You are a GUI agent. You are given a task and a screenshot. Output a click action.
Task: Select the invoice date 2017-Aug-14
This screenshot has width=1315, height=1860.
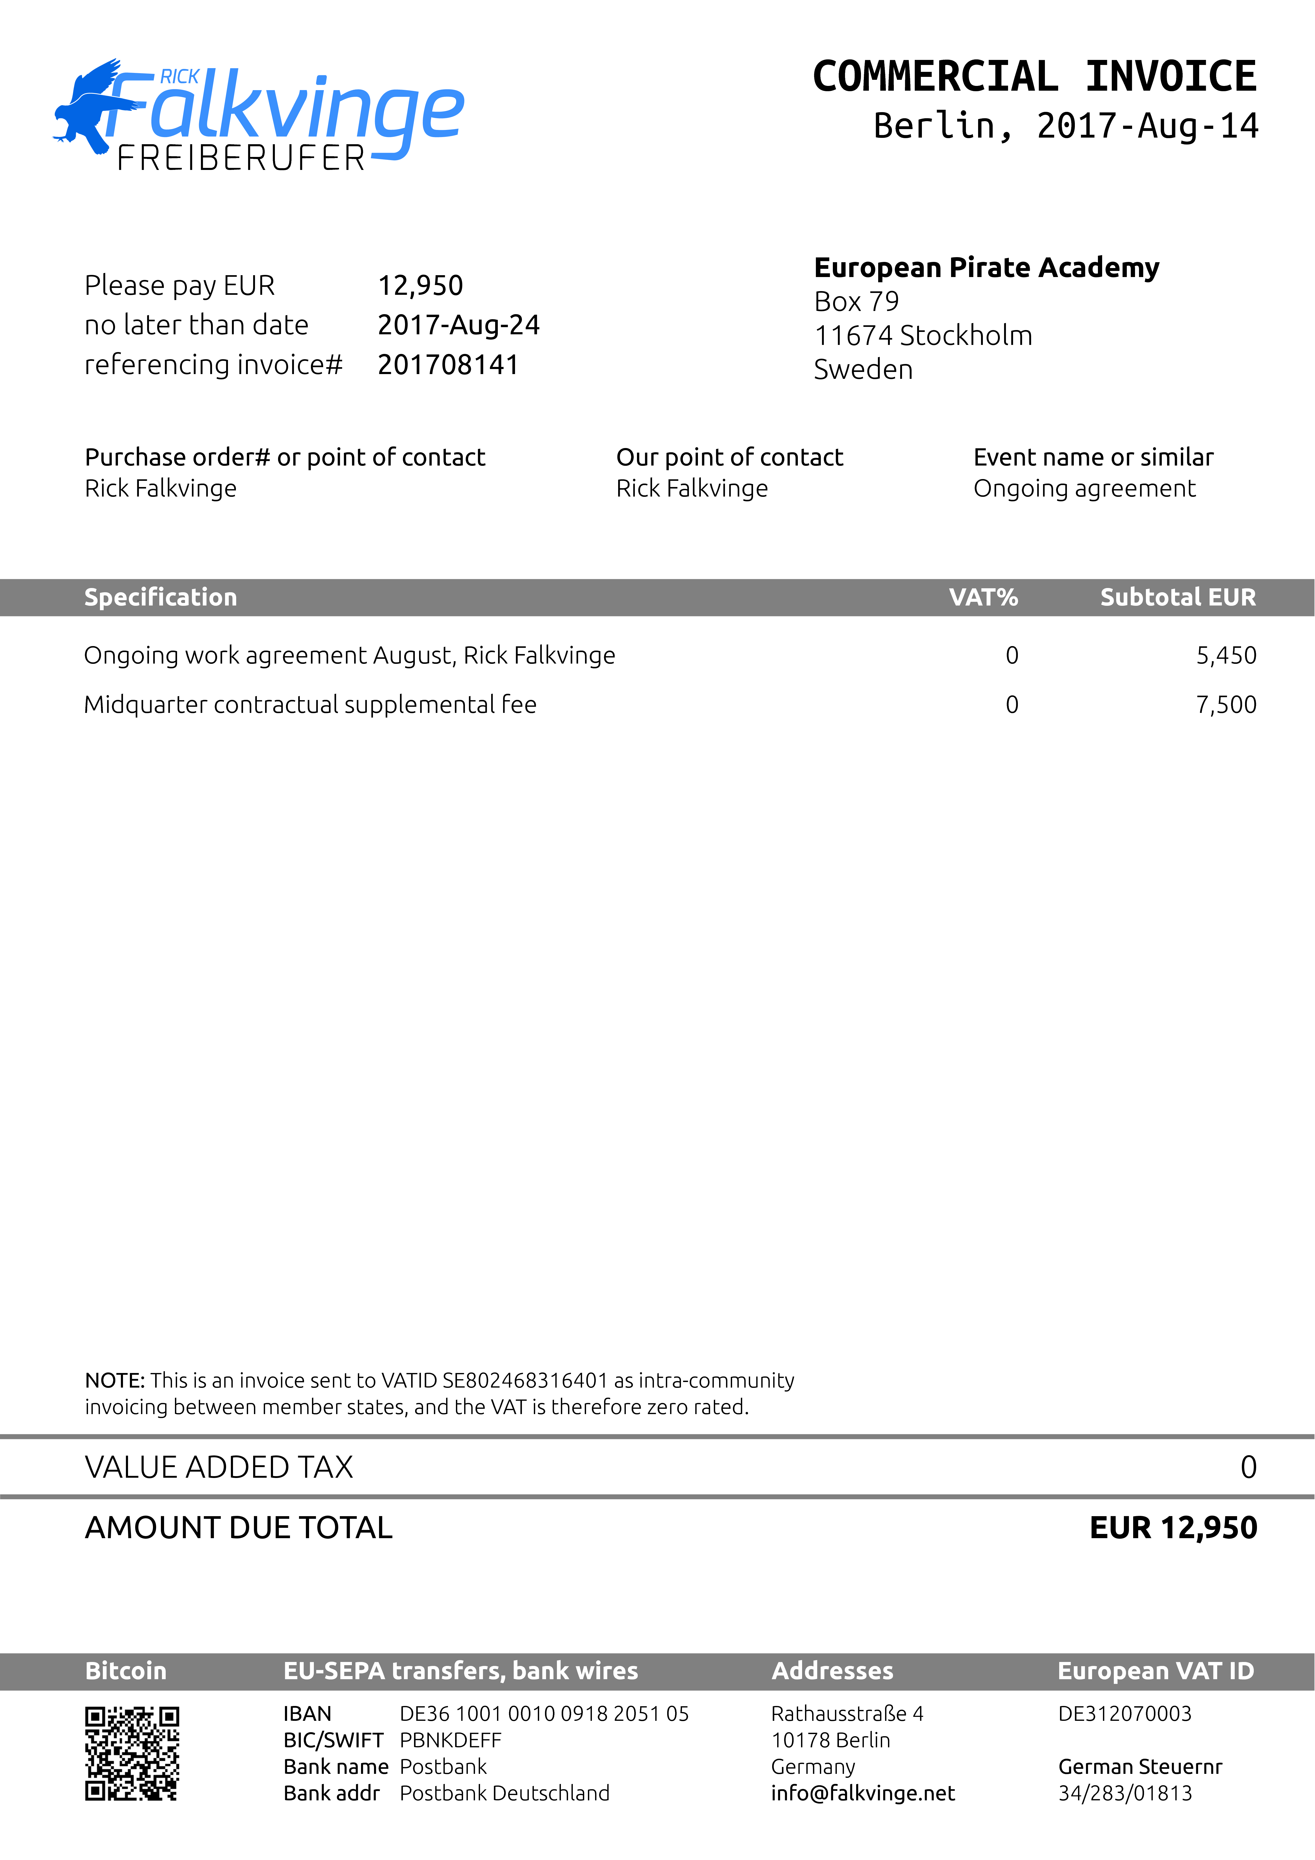click(x=1146, y=126)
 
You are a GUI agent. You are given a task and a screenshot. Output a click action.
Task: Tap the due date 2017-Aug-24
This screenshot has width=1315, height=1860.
click(x=459, y=325)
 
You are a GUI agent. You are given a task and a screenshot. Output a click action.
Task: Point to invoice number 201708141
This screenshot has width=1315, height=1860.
click(x=448, y=365)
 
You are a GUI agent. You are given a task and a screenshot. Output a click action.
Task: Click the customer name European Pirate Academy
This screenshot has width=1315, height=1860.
click(x=986, y=267)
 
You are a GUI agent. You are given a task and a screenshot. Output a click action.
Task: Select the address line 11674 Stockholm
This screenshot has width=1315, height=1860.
click(x=923, y=335)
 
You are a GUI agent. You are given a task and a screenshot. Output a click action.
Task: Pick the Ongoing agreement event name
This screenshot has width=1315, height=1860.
click(x=1084, y=489)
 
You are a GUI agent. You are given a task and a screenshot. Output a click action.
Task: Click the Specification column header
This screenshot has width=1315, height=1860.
click(x=160, y=597)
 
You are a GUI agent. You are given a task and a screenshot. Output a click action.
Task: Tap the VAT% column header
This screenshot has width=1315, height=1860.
click(x=983, y=597)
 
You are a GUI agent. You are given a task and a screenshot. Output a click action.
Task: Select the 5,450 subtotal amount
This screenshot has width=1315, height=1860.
click(x=1226, y=655)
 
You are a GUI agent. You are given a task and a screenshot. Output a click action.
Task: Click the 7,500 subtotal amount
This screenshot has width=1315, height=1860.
click(x=1226, y=705)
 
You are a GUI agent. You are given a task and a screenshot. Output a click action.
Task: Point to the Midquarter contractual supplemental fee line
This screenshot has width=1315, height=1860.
click(x=310, y=705)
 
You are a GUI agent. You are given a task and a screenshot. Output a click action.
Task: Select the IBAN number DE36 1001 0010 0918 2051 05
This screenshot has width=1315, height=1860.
click(x=544, y=1714)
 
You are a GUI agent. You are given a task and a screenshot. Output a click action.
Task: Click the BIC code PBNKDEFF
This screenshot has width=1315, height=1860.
click(x=451, y=1740)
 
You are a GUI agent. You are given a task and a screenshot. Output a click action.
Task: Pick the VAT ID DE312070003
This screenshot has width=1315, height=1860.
click(x=1125, y=1714)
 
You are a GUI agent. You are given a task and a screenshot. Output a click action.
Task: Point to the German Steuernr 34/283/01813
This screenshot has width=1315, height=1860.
click(x=1125, y=1793)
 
